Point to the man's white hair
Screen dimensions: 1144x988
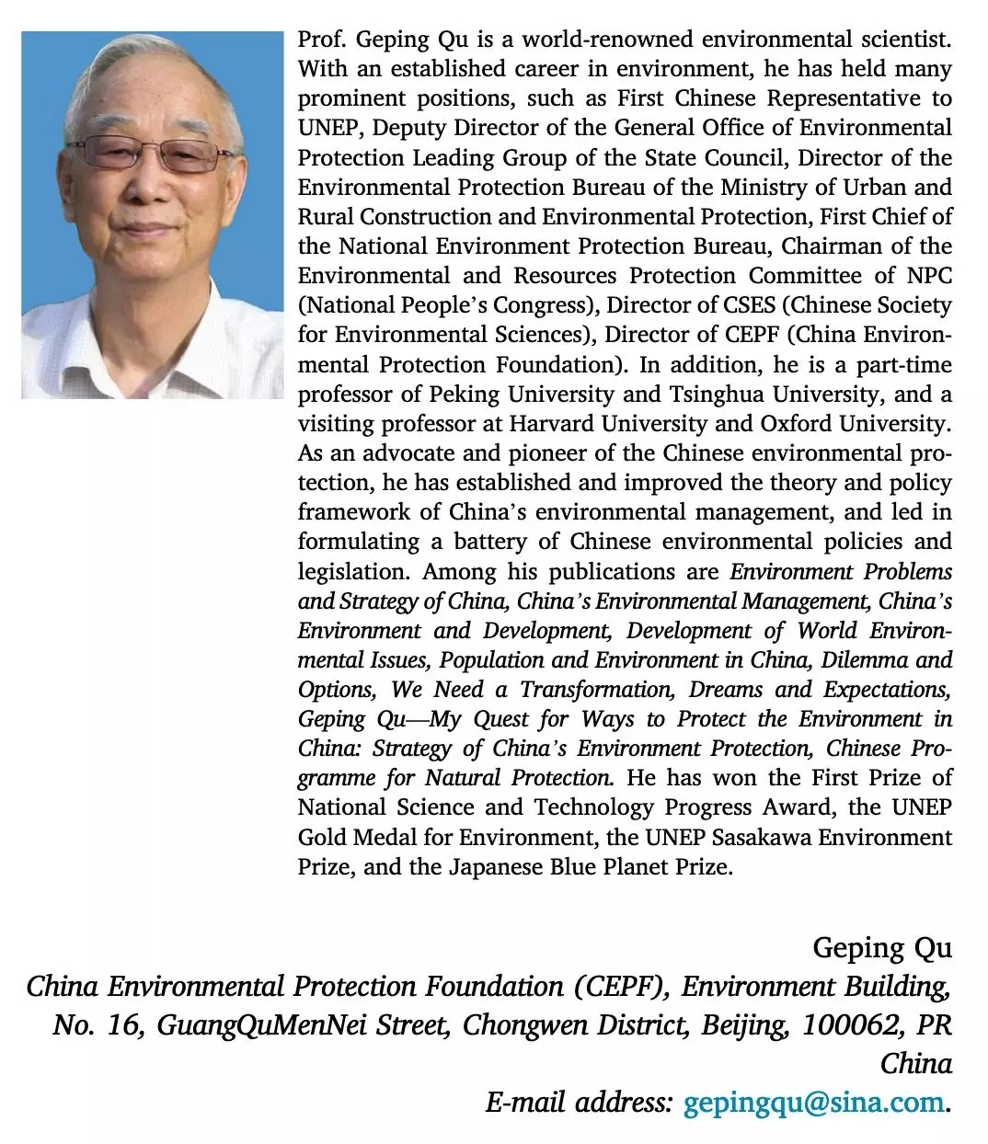156,69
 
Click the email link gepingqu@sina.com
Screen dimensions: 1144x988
814,1102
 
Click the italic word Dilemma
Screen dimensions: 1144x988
864,660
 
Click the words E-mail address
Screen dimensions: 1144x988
580,1102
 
